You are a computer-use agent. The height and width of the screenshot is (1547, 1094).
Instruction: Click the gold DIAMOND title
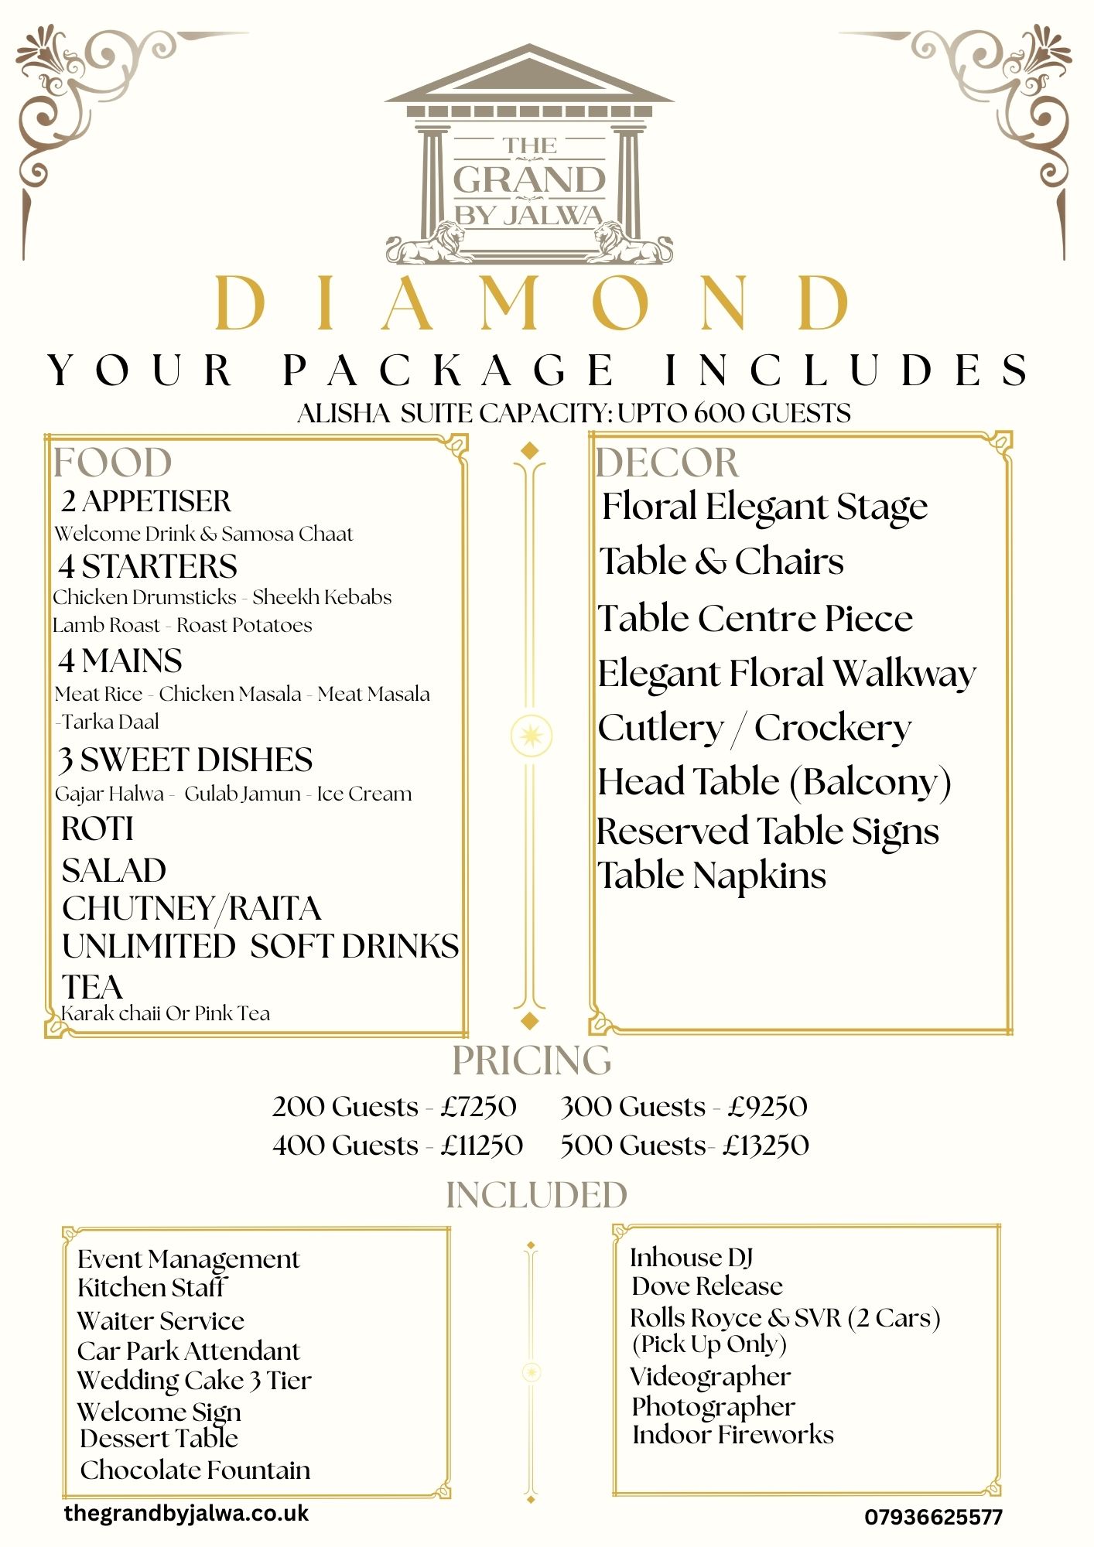pyautogui.click(x=533, y=302)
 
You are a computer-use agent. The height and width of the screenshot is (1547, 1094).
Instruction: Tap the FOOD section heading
pyautogui.click(x=112, y=463)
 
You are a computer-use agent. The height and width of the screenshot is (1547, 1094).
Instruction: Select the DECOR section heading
pyautogui.click(x=667, y=463)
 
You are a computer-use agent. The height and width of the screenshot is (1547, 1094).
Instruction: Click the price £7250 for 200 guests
pyautogui.click(x=479, y=1107)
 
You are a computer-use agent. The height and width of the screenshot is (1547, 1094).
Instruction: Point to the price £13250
pyautogui.click(x=767, y=1146)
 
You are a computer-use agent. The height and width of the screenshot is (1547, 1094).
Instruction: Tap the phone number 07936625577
pyautogui.click(x=933, y=1517)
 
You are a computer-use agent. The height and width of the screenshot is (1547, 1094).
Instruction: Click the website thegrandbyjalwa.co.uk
pyautogui.click(x=186, y=1513)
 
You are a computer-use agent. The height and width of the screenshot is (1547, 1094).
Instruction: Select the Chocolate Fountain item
pyautogui.click(x=195, y=1470)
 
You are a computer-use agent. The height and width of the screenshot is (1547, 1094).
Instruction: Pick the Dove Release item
pyautogui.click(x=707, y=1286)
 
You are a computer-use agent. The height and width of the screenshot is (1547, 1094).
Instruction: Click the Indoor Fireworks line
pyautogui.click(x=733, y=1435)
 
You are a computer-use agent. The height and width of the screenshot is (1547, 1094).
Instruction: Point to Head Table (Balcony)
pyautogui.click(x=774, y=782)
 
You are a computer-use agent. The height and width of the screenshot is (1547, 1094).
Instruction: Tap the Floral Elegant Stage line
pyautogui.click(x=764, y=507)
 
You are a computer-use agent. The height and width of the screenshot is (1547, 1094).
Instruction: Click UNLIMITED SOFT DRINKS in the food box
pyautogui.click(x=260, y=946)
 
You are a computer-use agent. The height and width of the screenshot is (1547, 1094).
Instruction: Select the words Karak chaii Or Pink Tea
pyautogui.click(x=166, y=1013)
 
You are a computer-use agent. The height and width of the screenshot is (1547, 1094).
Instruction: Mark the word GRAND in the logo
pyautogui.click(x=529, y=179)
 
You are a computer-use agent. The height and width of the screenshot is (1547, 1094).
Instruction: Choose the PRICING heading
pyautogui.click(x=532, y=1060)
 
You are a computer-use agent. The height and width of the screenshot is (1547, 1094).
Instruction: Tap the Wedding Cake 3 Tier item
pyautogui.click(x=194, y=1381)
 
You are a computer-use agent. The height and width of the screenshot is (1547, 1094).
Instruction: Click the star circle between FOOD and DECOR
pyautogui.click(x=532, y=735)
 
